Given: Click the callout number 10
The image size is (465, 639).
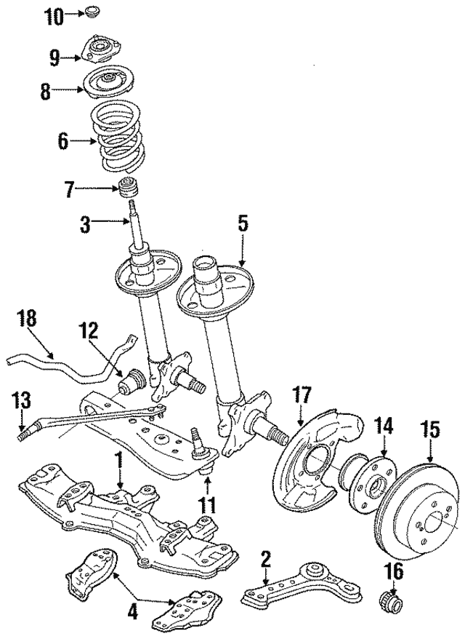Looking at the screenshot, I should coord(54,15).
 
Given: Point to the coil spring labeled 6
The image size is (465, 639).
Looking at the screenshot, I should coord(120,138).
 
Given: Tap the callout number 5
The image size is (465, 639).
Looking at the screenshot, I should coord(241,223).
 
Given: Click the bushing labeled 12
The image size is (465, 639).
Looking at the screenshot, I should coord(134,381).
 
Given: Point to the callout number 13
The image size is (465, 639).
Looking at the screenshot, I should coord(21,401).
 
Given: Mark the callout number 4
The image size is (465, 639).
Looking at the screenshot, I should coord(133,612).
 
